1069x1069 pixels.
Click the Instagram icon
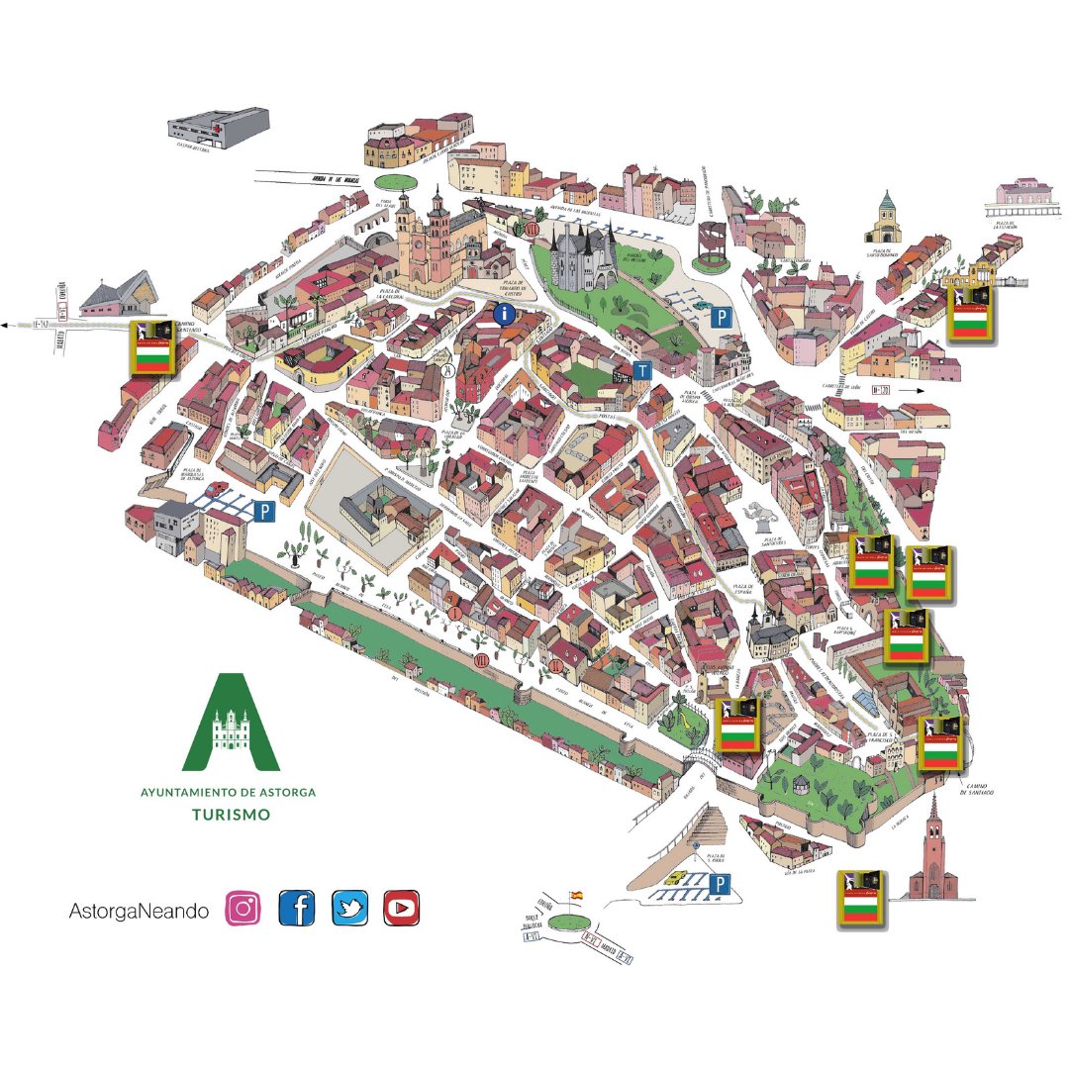243,908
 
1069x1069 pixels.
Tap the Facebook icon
297,908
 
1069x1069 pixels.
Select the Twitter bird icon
350,908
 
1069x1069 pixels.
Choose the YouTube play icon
402,908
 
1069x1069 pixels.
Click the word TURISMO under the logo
231,816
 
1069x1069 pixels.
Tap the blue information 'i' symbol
505,316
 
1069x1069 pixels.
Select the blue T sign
643,371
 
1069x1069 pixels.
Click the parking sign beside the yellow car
721,884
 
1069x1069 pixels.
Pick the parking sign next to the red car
263,511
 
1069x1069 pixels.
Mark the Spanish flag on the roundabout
576,895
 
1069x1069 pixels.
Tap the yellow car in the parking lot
674,877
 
